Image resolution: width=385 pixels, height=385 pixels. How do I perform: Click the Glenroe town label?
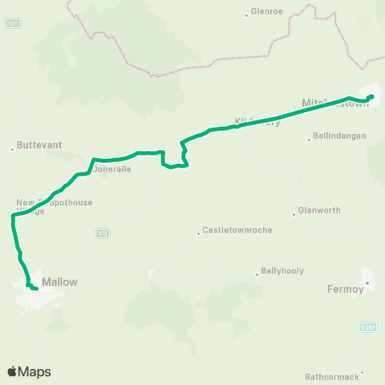267,12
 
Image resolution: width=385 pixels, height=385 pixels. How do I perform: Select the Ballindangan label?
341,136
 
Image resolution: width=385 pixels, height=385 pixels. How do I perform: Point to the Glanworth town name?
319,210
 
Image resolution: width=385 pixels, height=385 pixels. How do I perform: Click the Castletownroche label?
237,230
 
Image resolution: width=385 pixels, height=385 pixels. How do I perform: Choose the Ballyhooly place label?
282,271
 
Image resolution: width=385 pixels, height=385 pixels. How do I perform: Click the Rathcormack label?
332,376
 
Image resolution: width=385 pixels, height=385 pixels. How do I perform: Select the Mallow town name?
59,282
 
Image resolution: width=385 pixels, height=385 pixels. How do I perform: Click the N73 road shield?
102,233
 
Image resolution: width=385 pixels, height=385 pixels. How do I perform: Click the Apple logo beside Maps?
13,371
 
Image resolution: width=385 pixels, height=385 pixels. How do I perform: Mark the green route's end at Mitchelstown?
371,97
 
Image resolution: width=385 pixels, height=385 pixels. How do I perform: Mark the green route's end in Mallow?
36,288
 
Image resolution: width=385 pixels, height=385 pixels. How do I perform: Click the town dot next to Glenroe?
246,14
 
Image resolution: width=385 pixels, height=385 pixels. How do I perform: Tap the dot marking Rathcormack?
363,372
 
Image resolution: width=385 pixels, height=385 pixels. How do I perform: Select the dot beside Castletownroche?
198,233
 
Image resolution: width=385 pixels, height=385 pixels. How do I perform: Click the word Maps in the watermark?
34,372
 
